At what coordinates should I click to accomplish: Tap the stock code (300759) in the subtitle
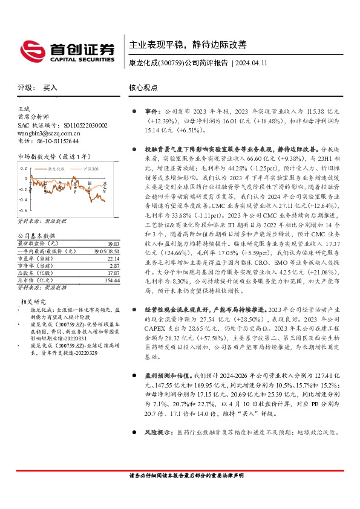[x=168, y=63]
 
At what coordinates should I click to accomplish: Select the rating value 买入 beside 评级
[x=50, y=88]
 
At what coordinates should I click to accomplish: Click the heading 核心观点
[x=143, y=88]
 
